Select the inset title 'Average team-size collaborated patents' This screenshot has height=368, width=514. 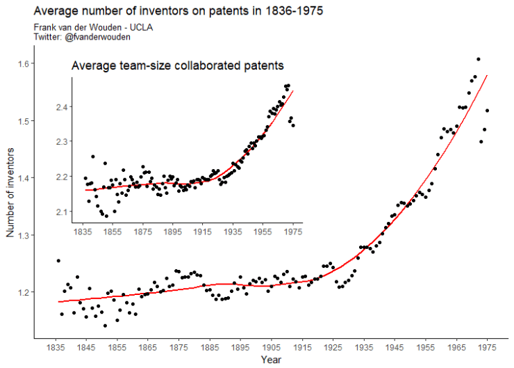(178, 65)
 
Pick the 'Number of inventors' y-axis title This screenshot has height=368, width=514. (10, 191)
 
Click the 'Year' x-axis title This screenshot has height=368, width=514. (271, 360)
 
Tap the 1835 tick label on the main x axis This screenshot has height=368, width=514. (55, 347)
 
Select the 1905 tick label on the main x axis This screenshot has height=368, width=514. (271, 347)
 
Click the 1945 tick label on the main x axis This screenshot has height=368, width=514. (395, 347)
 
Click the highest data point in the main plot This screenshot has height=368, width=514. (478, 59)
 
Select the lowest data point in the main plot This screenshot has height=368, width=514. (105, 326)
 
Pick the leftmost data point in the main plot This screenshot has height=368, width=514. (58, 260)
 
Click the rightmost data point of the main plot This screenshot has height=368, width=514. (488, 110)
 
